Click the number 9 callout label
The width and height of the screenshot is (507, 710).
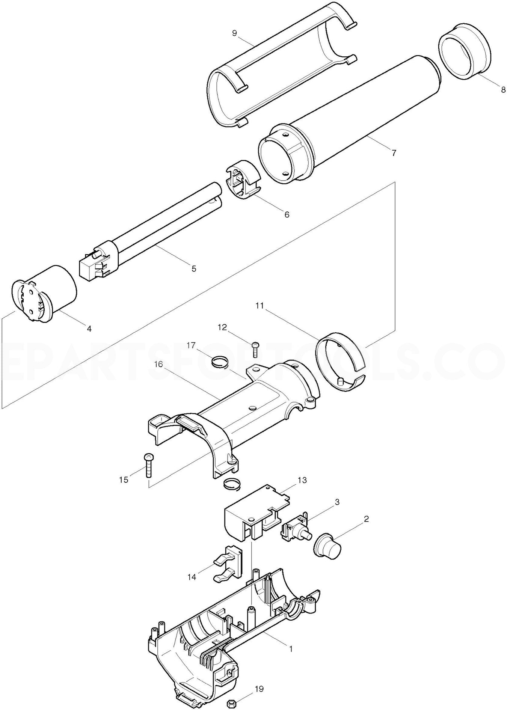tap(235, 33)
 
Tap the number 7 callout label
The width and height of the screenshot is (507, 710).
tap(394, 153)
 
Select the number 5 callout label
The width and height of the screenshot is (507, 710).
tap(194, 268)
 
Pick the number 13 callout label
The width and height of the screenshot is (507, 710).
tap(302, 480)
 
